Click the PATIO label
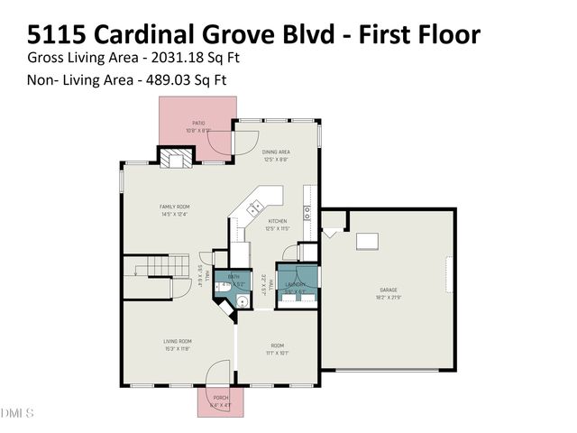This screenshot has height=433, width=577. pos(197,123)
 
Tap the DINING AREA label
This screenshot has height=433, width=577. pos(275,152)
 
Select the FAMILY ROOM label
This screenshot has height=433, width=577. pos(172,207)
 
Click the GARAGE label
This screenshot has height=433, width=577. pos(388,290)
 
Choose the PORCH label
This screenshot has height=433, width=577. pos(220,398)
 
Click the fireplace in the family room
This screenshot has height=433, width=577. pos(176,159)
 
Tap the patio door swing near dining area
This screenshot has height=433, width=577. pos(242,142)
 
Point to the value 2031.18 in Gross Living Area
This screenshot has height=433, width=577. pos(183,58)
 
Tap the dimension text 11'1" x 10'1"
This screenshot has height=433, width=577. pos(278,353)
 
